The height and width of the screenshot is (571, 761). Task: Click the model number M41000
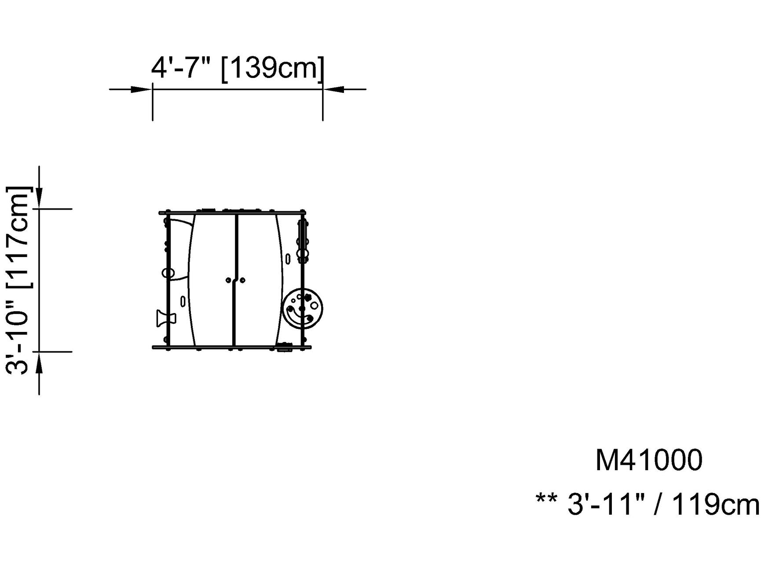(649, 460)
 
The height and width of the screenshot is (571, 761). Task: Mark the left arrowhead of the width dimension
(141, 89)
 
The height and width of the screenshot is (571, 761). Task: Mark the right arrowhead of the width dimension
(334, 89)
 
